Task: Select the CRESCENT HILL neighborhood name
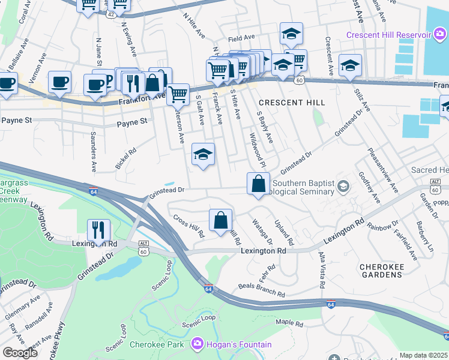[292, 103]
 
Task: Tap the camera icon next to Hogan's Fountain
[196, 345]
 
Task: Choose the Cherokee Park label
[163, 345]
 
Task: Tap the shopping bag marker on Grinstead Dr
[258, 183]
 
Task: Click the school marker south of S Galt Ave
[203, 155]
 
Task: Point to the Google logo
[19, 352]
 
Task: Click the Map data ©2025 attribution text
[424, 355]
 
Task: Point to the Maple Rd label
[289, 323]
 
